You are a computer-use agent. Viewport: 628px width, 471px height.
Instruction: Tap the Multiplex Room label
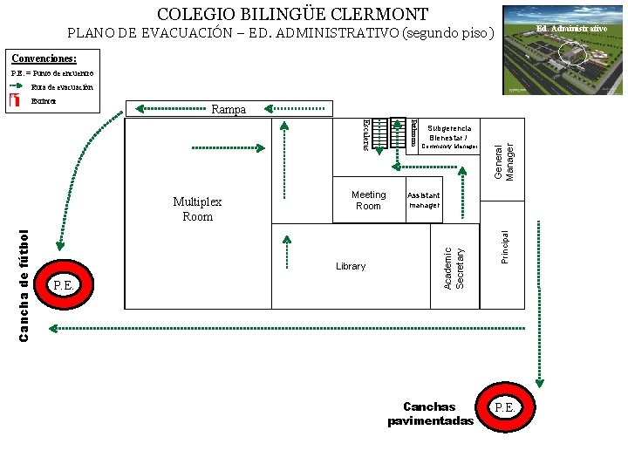tap(197, 208)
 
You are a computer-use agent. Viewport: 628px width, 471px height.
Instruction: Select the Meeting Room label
tap(368, 201)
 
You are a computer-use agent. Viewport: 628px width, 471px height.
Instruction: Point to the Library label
tap(351, 266)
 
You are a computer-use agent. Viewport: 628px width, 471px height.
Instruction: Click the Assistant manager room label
tap(424, 201)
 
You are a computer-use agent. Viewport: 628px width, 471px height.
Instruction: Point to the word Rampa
tap(229, 110)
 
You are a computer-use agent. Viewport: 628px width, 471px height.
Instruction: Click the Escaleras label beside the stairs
tap(366, 133)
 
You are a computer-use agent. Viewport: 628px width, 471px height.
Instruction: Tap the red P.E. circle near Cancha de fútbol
tap(63, 284)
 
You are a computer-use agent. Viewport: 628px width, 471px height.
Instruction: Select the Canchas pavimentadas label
tap(430, 414)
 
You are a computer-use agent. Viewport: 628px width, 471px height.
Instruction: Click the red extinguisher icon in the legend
tap(15, 100)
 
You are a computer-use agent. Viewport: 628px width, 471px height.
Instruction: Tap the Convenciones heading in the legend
tap(44, 58)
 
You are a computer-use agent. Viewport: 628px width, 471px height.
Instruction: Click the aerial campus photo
tap(563, 51)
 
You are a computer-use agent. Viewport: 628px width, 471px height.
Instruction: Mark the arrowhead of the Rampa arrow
tap(138, 109)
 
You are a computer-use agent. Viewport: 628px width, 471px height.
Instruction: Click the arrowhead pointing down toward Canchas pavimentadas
tap(539, 381)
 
